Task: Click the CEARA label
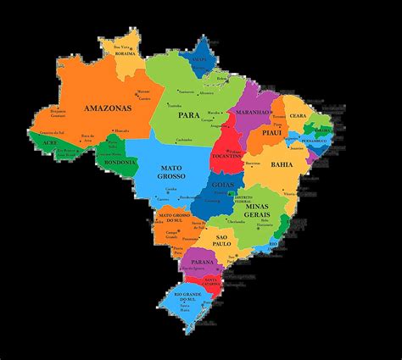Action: (x=298, y=116)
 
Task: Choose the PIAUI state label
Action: (x=271, y=133)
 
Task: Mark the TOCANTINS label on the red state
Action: (x=228, y=158)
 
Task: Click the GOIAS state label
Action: (x=223, y=183)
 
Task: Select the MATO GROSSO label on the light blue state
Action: (x=172, y=174)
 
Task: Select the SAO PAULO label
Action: (x=222, y=239)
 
